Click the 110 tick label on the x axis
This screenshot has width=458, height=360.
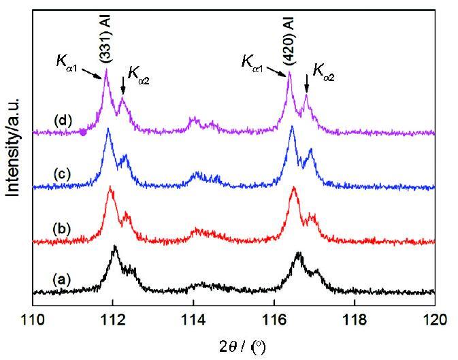coord(32,317)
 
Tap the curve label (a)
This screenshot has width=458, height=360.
coord(62,278)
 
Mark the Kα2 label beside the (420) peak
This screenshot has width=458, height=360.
coord(323,70)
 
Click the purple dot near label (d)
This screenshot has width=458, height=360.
coord(83,132)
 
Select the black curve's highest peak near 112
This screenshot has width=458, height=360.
coord(114,247)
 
